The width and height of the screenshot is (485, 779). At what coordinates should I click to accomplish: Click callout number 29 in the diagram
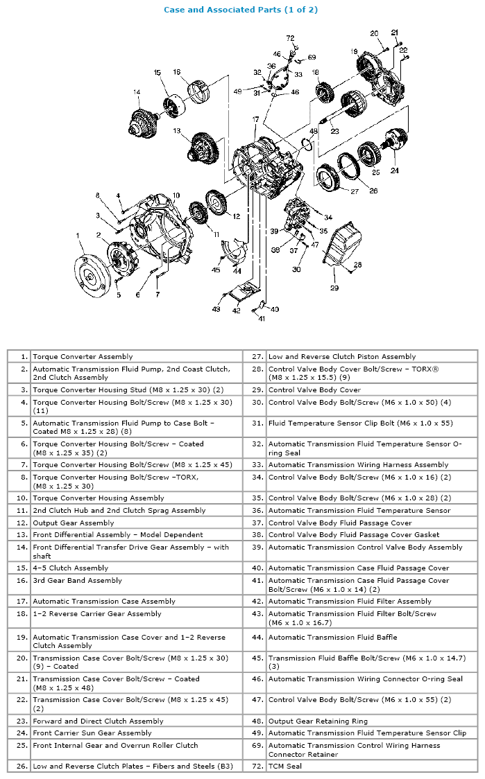click(x=334, y=288)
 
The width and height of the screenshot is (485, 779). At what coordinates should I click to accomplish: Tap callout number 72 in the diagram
click(x=290, y=38)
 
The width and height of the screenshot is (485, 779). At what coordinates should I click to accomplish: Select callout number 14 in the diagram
click(x=137, y=93)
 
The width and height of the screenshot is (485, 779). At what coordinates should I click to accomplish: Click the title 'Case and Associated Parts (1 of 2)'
click(x=241, y=10)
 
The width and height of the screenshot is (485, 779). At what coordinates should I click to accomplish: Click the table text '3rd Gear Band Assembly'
click(x=77, y=580)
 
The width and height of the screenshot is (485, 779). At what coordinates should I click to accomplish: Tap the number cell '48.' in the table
click(x=257, y=721)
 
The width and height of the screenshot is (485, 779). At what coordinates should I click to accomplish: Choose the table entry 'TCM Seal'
click(x=284, y=766)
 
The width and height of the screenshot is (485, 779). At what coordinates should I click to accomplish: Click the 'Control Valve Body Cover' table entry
click(x=314, y=389)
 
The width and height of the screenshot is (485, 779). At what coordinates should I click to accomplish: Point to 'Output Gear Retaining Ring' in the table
click(x=318, y=721)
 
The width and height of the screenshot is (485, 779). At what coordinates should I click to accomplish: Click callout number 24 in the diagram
click(x=395, y=170)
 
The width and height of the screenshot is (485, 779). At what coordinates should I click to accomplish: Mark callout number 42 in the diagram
click(x=236, y=312)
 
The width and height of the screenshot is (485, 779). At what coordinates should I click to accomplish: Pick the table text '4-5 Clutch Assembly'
click(x=71, y=568)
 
